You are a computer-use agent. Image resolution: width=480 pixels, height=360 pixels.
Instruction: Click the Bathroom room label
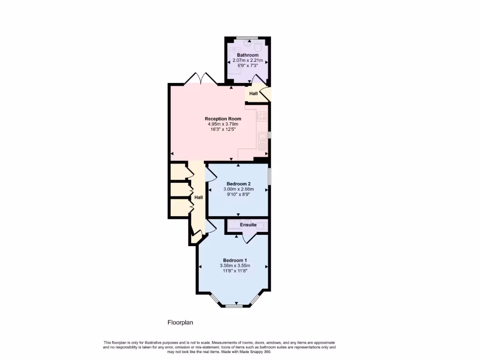247,55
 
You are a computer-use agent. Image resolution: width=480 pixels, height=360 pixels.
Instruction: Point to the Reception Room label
223,119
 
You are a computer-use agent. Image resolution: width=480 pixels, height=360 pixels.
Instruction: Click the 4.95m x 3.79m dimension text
223,124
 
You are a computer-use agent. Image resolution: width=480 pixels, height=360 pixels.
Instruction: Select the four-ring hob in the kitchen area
262,116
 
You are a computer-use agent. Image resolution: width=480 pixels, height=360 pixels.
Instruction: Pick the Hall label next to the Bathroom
254,94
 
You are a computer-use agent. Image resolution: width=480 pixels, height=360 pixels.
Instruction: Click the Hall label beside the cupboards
199,197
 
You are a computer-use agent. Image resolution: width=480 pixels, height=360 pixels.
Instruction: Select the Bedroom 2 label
238,183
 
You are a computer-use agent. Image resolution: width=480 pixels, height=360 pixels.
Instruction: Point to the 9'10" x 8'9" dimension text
238,194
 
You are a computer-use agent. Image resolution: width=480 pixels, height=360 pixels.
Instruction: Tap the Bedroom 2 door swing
211,174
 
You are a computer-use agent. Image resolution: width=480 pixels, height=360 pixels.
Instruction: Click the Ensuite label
248,225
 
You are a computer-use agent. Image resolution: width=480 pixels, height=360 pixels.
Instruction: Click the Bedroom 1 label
234,260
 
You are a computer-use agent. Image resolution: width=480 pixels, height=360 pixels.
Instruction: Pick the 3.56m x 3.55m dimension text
234,265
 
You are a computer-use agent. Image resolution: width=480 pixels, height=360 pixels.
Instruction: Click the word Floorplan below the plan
180,322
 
